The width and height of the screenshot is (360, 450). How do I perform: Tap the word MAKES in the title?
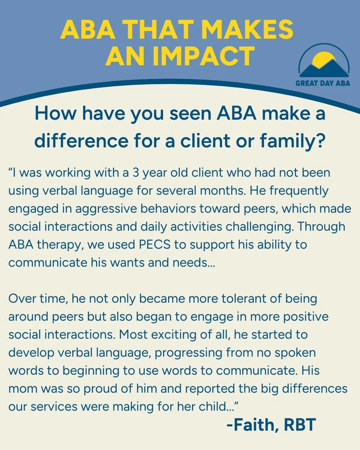tap(247, 29)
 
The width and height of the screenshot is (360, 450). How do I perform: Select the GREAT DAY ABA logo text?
tap(323, 83)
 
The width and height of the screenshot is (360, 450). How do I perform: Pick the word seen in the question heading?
tap(191, 113)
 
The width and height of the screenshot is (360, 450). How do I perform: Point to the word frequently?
tap(299, 191)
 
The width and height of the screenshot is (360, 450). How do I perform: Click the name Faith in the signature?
tap(254, 425)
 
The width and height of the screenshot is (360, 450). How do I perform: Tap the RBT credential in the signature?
tap(300, 425)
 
